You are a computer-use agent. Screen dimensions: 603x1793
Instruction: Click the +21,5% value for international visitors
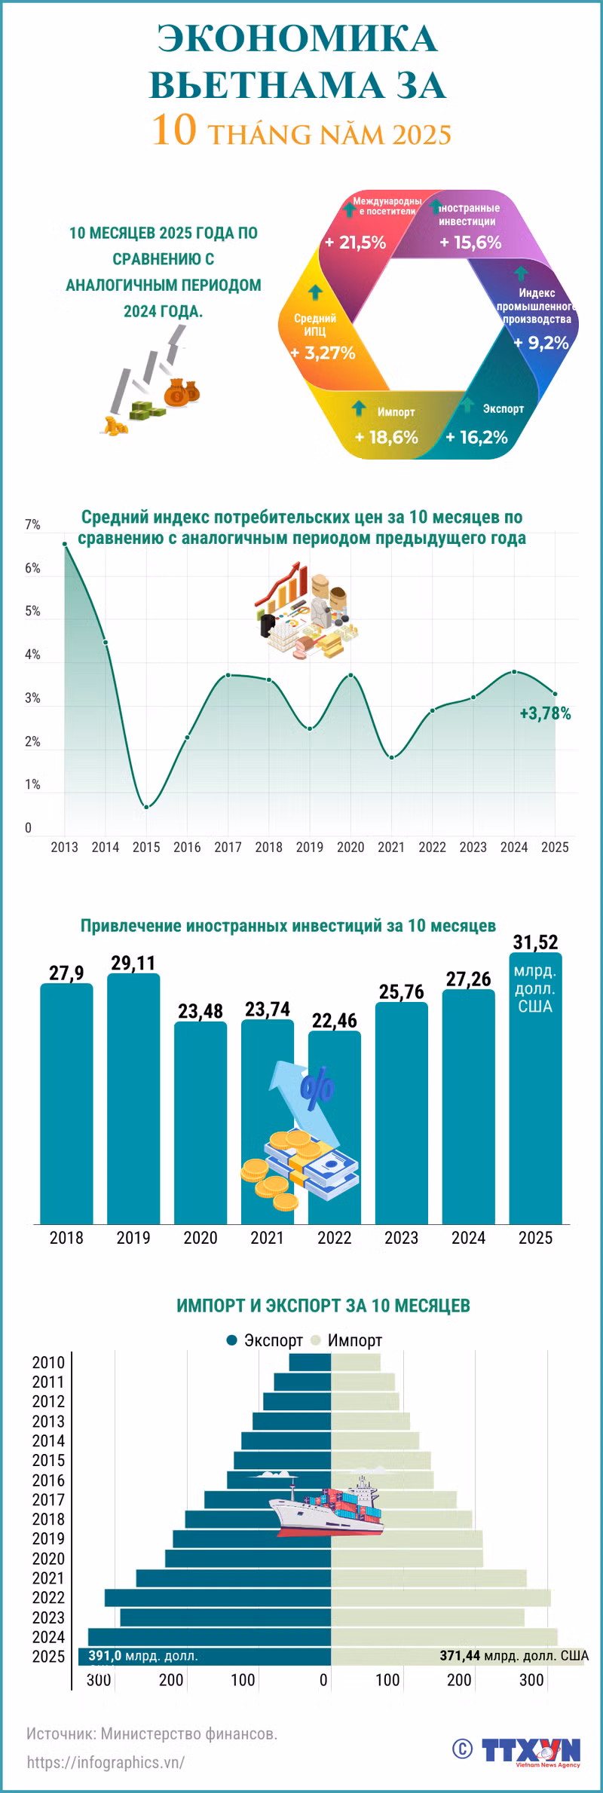click(355, 243)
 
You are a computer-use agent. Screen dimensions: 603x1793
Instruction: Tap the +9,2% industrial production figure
click(540, 344)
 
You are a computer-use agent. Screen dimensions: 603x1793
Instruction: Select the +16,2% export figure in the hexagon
click(476, 438)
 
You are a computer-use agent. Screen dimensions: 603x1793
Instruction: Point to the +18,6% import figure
click(386, 438)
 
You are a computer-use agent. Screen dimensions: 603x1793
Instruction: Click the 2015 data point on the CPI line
click(146, 807)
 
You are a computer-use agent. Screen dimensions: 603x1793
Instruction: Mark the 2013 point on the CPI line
click(65, 544)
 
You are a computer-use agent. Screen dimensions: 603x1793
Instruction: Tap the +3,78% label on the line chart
click(545, 713)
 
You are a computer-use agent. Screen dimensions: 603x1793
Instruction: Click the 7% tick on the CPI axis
click(32, 525)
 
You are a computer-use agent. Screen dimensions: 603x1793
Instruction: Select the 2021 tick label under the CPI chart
click(391, 848)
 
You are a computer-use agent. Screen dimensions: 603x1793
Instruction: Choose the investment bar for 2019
click(133, 1098)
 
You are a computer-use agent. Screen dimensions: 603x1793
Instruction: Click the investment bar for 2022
click(335, 1128)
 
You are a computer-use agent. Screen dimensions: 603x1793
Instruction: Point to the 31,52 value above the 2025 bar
click(535, 942)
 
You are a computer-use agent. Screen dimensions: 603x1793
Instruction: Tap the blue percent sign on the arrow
click(317, 1089)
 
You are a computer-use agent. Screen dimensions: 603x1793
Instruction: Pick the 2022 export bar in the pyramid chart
click(218, 1598)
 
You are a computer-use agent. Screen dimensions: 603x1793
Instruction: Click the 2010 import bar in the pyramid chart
click(356, 1362)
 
